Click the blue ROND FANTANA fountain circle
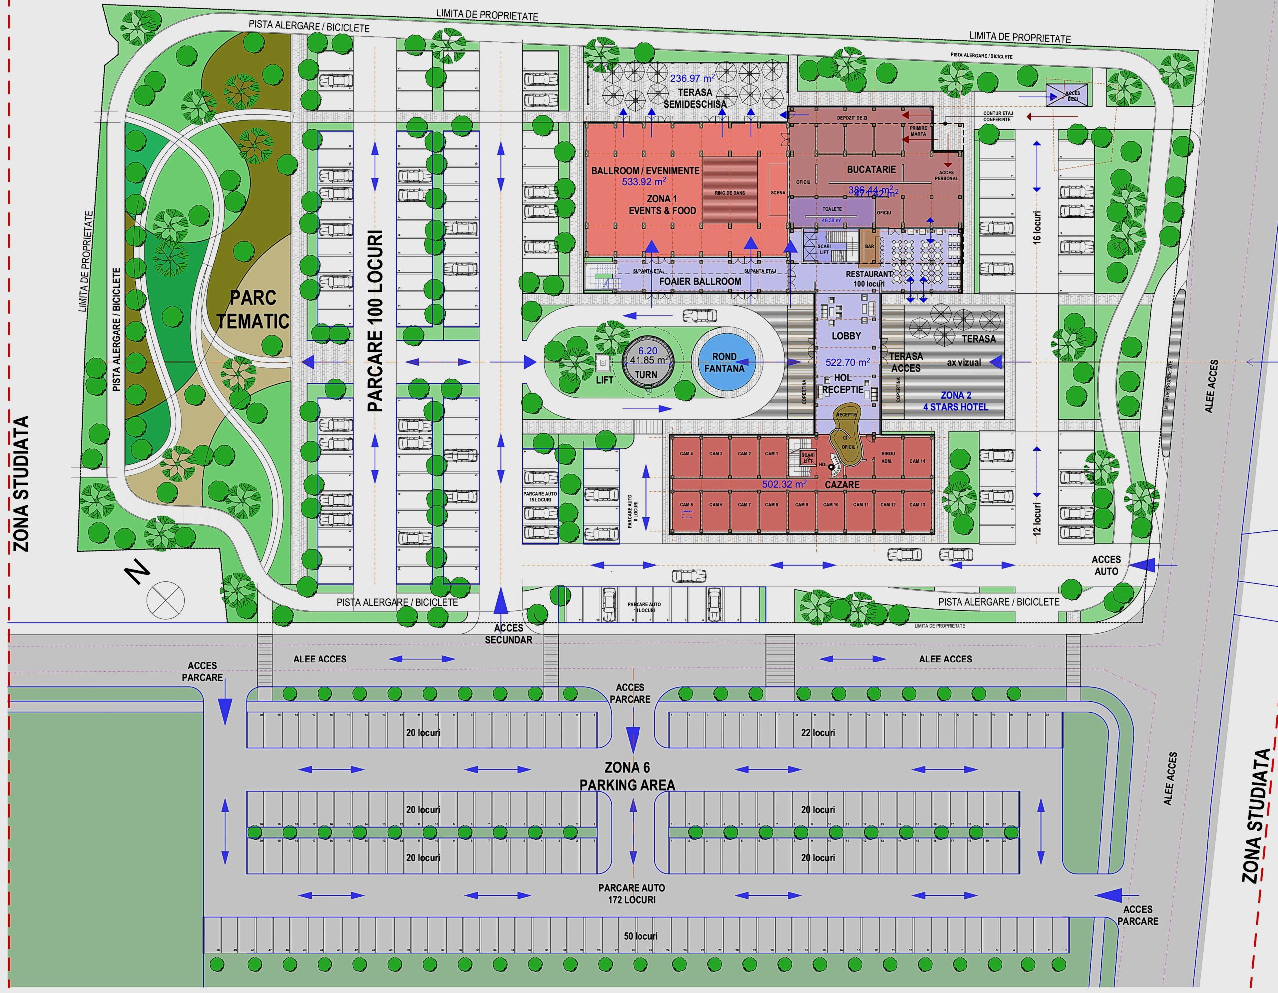click(x=724, y=363)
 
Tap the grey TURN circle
click(x=646, y=363)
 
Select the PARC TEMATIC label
click(x=253, y=309)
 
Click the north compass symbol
click(x=165, y=600)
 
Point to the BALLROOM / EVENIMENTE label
click(x=645, y=171)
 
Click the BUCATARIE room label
click(x=871, y=170)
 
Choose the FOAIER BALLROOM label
click(x=700, y=281)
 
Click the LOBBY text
click(x=846, y=336)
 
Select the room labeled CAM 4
click(x=686, y=453)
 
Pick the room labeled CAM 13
click(x=917, y=504)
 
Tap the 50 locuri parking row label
click(x=640, y=936)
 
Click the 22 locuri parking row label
click(x=818, y=732)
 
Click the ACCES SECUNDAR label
click(x=508, y=634)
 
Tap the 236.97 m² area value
click(x=693, y=78)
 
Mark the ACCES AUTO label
click(x=1106, y=565)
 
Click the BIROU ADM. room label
click(x=888, y=457)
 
